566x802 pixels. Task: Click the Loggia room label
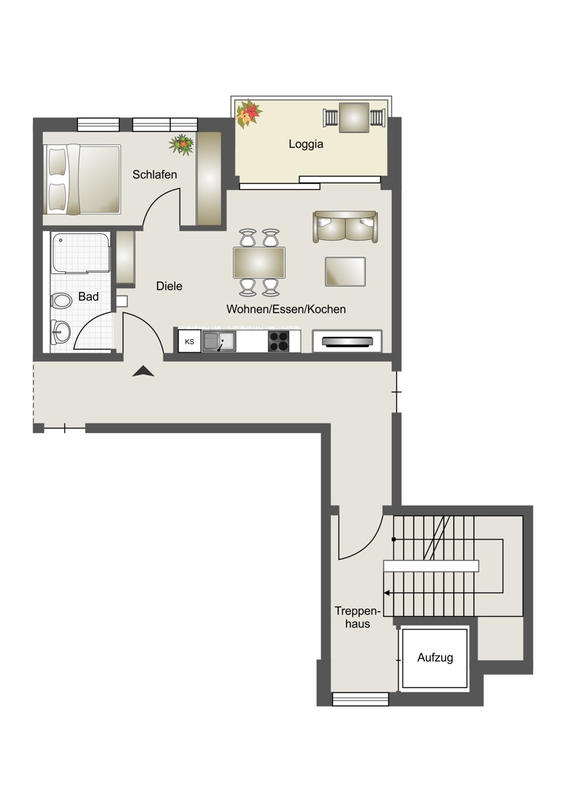tap(306, 144)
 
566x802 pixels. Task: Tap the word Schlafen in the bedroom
tap(154, 174)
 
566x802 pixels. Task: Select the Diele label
tap(169, 286)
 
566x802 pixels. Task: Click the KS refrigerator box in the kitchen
tap(190, 342)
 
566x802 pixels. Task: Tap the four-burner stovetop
tap(278, 342)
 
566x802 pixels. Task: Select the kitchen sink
tap(219, 342)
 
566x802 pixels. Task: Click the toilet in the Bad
tap(61, 300)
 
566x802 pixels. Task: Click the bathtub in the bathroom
tap(81, 253)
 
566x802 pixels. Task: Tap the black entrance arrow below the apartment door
tap(143, 372)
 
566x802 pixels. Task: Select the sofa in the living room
tap(345, 227)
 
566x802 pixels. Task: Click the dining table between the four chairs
tap(259, 263)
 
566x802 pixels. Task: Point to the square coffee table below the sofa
tap(345, 272)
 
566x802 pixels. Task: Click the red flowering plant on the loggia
tap(249, 114)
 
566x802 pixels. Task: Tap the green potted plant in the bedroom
tap(182, 144)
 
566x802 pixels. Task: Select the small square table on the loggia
tap(354, 118)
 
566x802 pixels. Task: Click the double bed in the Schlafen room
tap(82, 179)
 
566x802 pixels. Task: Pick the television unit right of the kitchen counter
tap(347, 342)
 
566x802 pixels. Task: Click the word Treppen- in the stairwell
tap(358, 610)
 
